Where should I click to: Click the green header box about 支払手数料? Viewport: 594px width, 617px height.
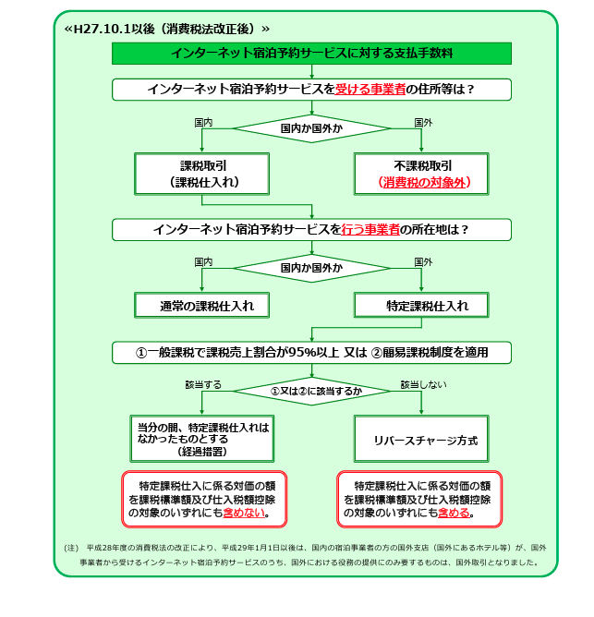[x=311, y=54]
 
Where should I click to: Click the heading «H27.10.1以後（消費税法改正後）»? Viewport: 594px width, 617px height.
[x=167, y=29]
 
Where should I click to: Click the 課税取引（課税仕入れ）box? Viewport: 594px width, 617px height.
[x=203, y=173]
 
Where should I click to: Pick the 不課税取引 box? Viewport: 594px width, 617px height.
[x=423, y=173]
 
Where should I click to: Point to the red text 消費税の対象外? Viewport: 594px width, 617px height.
[x=423, y=183]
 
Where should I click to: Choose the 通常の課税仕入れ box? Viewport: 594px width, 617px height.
[x=203, y=306]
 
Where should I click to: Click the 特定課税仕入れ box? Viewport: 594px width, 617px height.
[x=421, y=306]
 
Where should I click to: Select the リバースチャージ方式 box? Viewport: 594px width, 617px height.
[x=422, y=441]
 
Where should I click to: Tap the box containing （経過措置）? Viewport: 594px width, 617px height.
[x=203, y=440]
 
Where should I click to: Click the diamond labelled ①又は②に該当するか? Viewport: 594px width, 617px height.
[x=311, y=392]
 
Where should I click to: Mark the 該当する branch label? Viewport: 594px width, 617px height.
[x=202, y=383]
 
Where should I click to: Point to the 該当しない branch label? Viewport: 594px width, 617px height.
[x=423, y=383]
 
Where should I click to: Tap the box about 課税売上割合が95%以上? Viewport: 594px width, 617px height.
[x=311, y=352]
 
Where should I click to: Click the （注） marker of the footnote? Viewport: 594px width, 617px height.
[x=71, y=547]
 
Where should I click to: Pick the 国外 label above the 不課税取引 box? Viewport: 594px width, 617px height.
[x=423, y=122]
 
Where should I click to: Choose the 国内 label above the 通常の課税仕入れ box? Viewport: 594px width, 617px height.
[x=203, y=262]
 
